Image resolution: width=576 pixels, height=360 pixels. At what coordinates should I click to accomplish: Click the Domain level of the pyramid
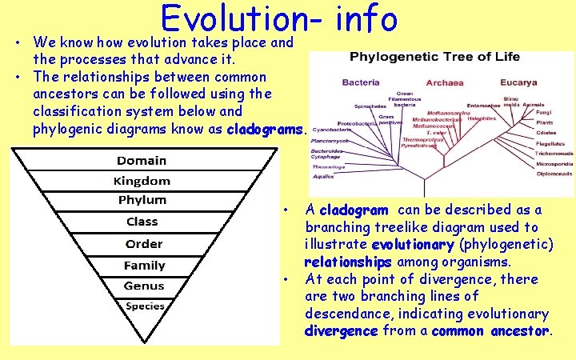tap(142, 161)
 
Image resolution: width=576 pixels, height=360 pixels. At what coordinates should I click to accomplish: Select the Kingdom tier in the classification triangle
tap(142, 182)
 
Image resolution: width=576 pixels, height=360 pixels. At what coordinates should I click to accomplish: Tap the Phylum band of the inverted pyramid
tap(142, 200)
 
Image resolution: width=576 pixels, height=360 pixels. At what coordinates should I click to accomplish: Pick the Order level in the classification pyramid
tap(143, 244)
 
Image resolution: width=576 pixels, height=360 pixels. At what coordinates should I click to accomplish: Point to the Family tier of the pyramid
tap(144, 266)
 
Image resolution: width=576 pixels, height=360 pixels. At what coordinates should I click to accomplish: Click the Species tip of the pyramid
tap(145, 306)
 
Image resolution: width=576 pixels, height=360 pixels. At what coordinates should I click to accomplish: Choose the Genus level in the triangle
tap(144, 286)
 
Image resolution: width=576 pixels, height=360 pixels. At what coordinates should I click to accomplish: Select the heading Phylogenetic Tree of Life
tap(434, 57)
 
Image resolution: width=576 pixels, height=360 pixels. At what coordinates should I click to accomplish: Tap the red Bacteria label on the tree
tap(360, 82)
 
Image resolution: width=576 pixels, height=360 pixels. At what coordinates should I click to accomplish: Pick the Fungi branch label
tap(544, 113)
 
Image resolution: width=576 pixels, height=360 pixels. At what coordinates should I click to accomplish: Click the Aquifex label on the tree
tap(324, 176)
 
